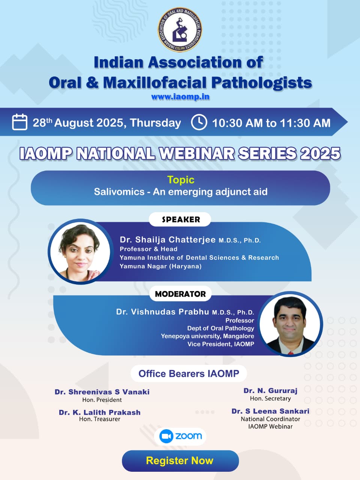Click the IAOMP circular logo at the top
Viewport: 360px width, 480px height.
tap(180, 30)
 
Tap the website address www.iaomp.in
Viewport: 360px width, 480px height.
tap(180, 97)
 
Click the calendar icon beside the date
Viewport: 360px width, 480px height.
tap(19, 122)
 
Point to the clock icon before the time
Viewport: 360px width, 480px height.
tap(199, 122)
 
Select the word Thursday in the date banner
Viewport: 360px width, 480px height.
tap(155, 123)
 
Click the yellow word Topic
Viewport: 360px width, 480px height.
tap(181, 180)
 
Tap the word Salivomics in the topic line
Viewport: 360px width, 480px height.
tap(119, 192)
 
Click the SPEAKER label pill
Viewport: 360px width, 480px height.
tap(180, 219)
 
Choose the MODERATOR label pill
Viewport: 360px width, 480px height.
tap(180, 294)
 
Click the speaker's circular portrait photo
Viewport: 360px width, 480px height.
tap(80, 252)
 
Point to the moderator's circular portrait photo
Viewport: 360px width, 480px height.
tap(290, 324)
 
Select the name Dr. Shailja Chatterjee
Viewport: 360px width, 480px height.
tap(168, 240)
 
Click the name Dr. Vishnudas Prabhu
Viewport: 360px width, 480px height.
tap(163, 312)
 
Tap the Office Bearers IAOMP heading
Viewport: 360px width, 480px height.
tap(189, 374)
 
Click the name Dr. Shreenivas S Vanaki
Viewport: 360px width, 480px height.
tap(102, 392)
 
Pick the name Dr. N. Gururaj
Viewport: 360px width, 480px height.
tap(270, 390)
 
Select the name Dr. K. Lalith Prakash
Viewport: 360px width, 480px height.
tap(100, 412)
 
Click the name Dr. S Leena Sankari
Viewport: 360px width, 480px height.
tap(270, 411)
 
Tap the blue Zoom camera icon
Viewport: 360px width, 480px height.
tap(166, 436)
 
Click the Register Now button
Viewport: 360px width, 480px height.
tap(180, 460)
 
